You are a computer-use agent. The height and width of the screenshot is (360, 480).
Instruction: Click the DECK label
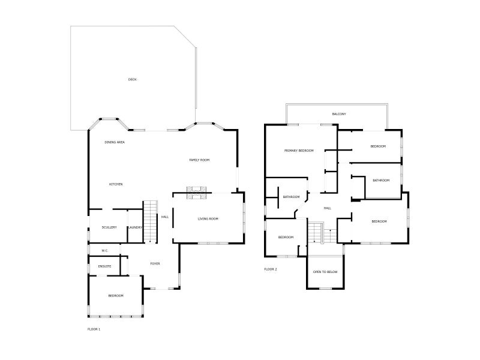pyautogui.click(x=132, y=79)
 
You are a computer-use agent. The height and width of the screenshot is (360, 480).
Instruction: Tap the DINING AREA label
pyautogui.click(x=115, y=142)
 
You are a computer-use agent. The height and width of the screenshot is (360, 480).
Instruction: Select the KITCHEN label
pyautogui.click(x=116, y=184)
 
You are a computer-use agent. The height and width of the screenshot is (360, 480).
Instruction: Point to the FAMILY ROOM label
pyautogui.click(x=199, y=160)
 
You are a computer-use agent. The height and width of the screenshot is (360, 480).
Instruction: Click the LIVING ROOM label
pyautogui.click(x=208, y=219)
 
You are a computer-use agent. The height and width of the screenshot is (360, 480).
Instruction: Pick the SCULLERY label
pyautogui.click(x=109, y=227)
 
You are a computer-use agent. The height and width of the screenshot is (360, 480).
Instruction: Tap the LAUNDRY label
pyautogui.click(x=134, y=227)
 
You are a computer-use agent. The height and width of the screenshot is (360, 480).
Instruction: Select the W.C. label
pyautogui.click(x=104, y=250)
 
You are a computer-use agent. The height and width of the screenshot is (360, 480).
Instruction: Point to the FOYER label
pyautogui.click(x=155, y=263)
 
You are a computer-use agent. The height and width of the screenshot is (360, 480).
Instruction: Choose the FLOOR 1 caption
pyautogui.click(x=94, y=329)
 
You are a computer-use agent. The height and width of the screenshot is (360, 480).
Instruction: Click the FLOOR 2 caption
pyautogui.click(x=271, y=269)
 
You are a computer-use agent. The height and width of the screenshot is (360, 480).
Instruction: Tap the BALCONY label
pyautogui.click(x=339, y=114)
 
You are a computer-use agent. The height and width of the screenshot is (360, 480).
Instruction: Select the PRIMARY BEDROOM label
pyautogui.click(x=299, y=151)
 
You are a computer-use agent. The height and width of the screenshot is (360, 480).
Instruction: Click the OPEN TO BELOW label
pyautogui.click(x=325, y=272)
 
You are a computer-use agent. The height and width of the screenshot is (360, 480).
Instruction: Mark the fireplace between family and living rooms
pyautogui.click(x=197, y=192)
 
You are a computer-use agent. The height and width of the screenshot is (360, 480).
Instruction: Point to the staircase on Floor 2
pyautogui.click(x=315, y=232)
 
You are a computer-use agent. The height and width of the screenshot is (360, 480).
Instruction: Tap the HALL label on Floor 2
pyautogui.click(x=328, y=208)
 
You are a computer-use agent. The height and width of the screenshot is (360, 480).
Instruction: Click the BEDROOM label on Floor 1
pyautogui.click(x=116, y=296)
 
